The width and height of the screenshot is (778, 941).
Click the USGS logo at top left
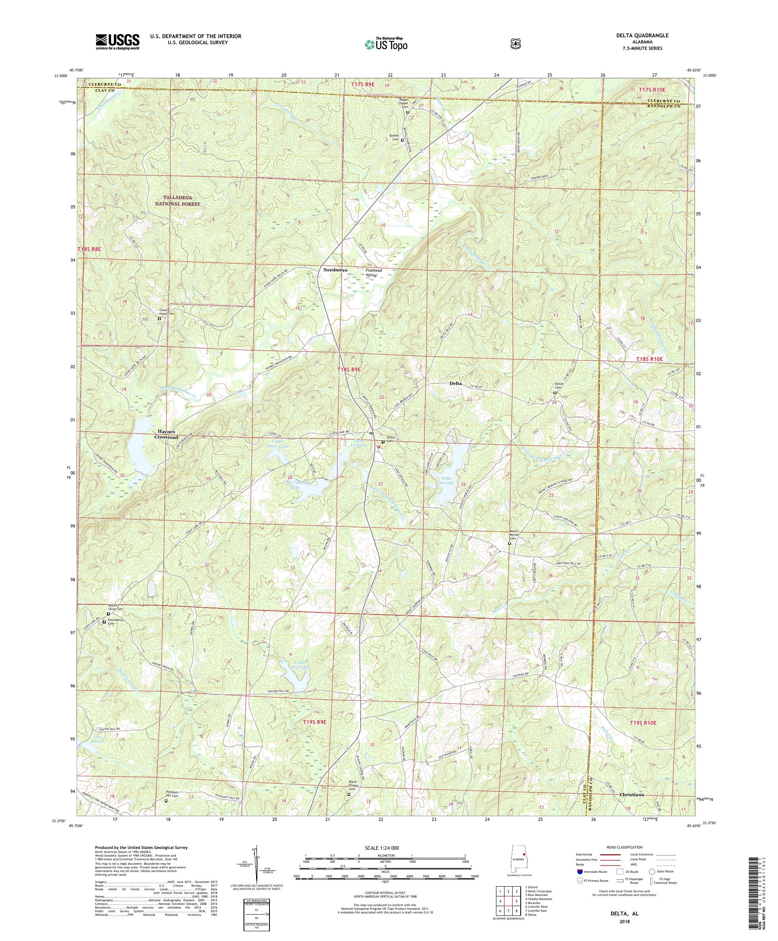point(117,42)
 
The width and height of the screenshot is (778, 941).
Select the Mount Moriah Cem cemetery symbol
point(509,544)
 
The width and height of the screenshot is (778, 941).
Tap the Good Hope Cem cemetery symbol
point(159,319)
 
